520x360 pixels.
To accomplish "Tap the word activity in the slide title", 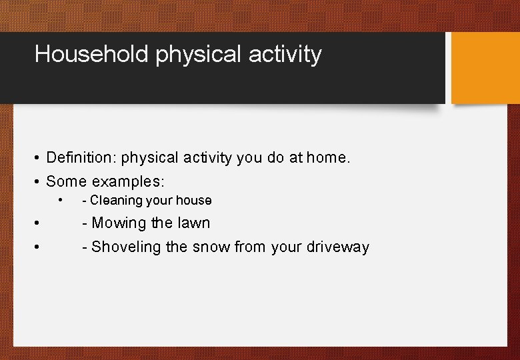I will click(285, 54).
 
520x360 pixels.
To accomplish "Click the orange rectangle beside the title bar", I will click(485, 67).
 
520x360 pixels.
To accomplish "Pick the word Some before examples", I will click(67, 181).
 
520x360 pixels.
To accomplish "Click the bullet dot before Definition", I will click(38, 159).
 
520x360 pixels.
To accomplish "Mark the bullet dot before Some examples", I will click(38, 182).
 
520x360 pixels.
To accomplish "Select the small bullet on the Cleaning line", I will click(61, 200).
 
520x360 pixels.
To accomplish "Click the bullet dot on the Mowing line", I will click(38, 223).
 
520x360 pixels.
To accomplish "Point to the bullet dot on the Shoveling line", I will click(38, 247).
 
